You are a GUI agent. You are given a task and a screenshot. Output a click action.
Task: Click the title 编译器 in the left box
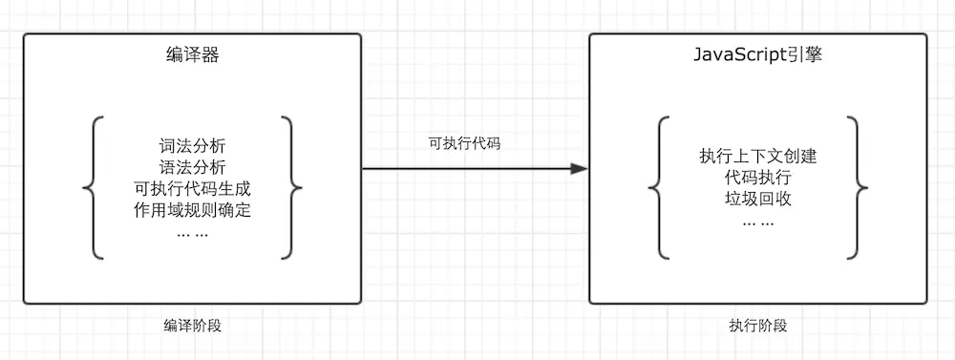192,55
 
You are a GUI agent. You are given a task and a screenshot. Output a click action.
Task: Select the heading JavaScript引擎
757,55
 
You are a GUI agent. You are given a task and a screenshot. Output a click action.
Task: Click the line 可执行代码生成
192,187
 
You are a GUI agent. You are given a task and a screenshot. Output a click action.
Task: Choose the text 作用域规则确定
192,208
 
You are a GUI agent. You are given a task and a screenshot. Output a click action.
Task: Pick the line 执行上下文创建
757,157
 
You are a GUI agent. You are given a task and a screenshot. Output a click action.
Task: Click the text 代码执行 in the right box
757,178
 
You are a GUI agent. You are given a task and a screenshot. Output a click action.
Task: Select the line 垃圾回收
757,199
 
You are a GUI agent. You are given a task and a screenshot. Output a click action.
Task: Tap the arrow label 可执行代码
464,144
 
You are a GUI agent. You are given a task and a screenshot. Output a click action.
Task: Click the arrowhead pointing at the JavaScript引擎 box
578,168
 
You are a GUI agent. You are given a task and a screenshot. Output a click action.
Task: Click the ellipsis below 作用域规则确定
192,231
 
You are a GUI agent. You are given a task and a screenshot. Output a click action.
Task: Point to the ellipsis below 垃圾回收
757,221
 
